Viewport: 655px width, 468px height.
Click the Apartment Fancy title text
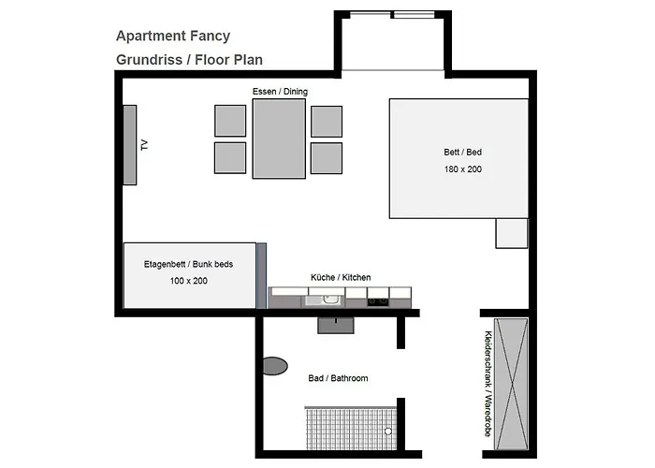point(173,36)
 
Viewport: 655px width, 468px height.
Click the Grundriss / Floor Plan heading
point(189,60)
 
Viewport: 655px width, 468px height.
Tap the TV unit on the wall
point(130,144)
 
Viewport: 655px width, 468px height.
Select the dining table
point(279,139)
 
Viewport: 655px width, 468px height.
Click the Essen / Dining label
point(280,92)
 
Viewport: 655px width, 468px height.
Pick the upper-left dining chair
point(230,121)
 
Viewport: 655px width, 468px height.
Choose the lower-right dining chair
point(327,158)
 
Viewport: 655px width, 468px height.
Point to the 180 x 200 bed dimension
point(463,169)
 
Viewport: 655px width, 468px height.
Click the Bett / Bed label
point(463,152)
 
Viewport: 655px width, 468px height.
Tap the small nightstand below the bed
point(512,233)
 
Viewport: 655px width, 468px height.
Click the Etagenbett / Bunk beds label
point(188,264)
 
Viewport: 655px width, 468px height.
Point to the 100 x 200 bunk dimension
point(189,281)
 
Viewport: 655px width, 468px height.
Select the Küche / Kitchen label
point(341,277)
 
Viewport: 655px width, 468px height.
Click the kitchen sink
point(325,300)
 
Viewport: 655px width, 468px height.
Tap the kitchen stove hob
point(378,301)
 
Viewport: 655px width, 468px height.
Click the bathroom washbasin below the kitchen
point(336,325)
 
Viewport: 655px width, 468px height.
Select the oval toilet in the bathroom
point(275,366)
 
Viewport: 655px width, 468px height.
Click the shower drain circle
point(388,431)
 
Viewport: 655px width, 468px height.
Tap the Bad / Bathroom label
point(339,378)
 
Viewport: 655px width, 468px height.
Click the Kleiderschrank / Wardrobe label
point(488,384)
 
